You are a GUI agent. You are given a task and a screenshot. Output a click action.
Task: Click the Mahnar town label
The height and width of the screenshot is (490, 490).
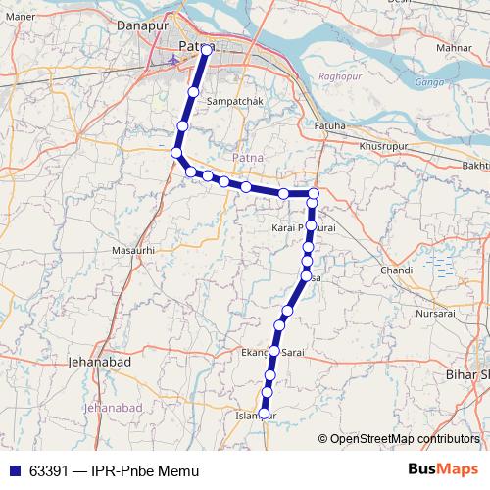(455, 46)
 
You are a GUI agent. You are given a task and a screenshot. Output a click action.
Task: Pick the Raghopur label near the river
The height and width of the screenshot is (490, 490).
(335, 75)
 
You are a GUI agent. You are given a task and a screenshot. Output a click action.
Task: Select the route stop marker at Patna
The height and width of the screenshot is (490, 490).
(207, 48)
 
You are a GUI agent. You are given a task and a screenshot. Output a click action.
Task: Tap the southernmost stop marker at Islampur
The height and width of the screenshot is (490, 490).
(264, 414)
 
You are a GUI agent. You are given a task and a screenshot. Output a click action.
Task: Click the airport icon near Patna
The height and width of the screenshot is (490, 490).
(173, 59)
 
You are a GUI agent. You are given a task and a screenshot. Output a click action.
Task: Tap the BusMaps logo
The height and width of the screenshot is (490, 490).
(442, 468)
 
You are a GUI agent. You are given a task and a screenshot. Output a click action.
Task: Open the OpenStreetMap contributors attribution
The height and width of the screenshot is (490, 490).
(404, 439)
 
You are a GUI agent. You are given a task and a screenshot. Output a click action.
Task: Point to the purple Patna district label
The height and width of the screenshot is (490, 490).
(248, 157)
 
